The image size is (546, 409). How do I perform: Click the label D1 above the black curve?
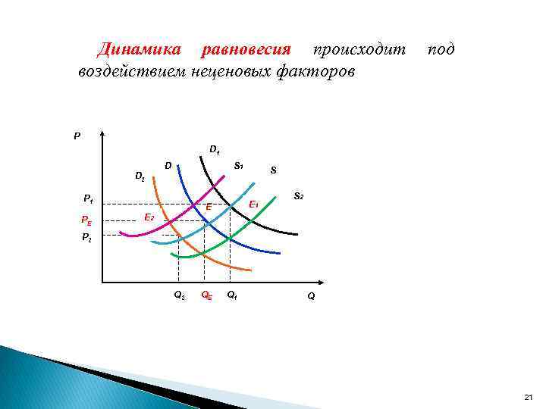click(x=215, y=150)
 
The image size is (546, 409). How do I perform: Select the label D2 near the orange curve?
click(x=140, y=176)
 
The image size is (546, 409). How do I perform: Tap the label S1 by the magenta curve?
click(x=238, y=165)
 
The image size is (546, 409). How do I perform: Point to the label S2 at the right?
click(x=299, y=197)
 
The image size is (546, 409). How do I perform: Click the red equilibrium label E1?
click(x=255, y=204)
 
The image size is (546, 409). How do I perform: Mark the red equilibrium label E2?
click(x=149, y=218)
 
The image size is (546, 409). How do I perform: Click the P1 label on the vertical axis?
click(x=88, y=200)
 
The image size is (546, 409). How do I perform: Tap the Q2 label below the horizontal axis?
click(x=179, y=296)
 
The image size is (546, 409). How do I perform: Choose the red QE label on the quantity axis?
click(x=206, y=296)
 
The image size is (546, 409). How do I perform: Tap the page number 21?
click(x=529, y=397)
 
